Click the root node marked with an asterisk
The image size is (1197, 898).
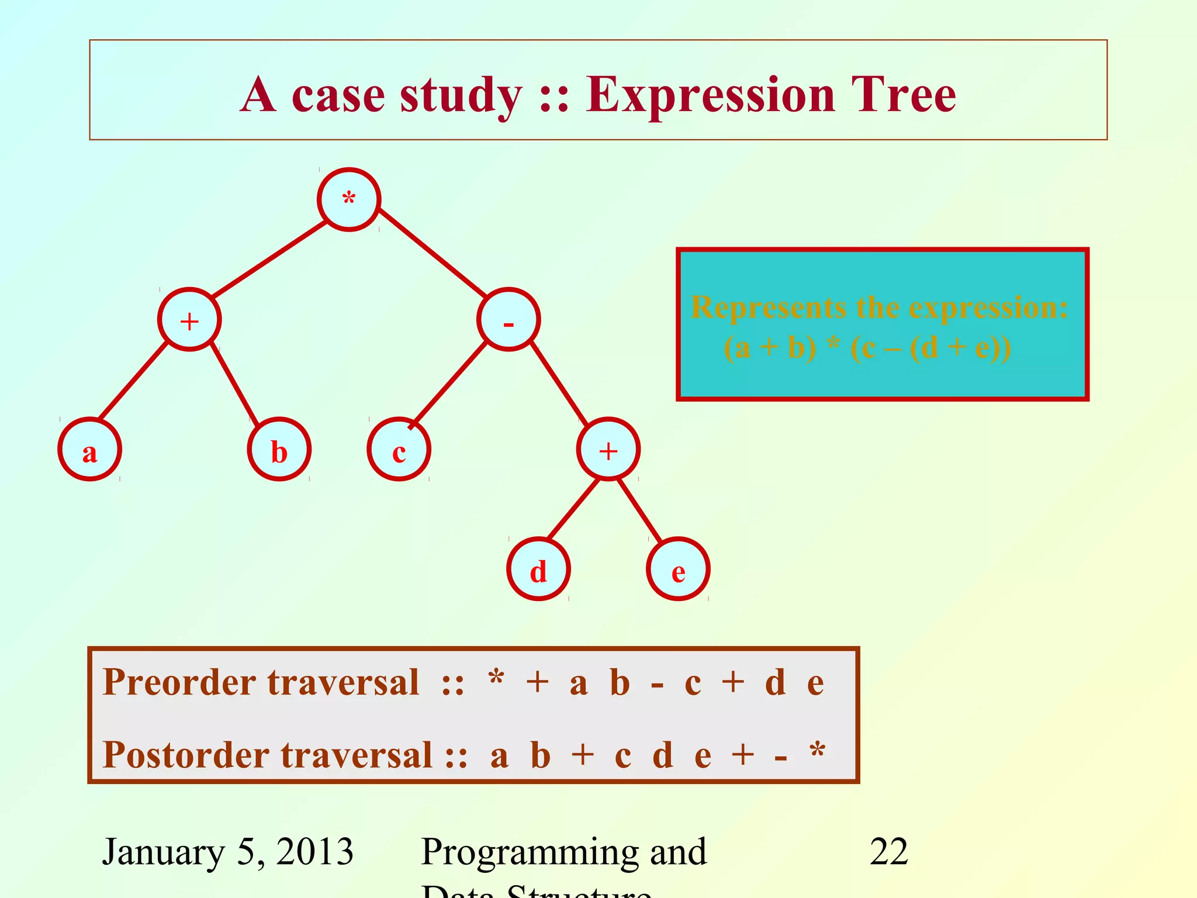[349, 200]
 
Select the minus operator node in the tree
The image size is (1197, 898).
[508, 319]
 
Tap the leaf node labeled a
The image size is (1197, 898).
[89, 449]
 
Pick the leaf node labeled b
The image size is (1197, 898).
[279, 449]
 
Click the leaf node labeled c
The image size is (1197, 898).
[399, 449]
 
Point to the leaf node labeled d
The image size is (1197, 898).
[538, 569]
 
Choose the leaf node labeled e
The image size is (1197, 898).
[678, 569]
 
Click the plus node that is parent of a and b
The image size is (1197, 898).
[189, 319]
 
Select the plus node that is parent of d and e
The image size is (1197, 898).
[608, 449]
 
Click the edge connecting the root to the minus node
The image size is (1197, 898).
[433, 253]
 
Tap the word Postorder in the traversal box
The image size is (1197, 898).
[186, 755]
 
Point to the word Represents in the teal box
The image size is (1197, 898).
[768, 308]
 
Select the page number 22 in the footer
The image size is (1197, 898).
[888, 852]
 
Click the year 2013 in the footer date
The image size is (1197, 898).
[314, 852]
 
